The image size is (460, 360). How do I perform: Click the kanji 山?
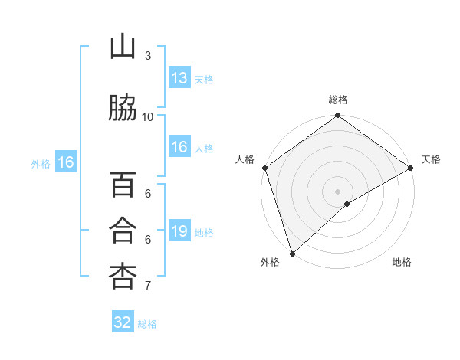coord(122,47)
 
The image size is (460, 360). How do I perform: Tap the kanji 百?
coord(122,186)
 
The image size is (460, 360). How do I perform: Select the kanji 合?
coord(122,231)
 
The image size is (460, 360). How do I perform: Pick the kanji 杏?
coord(122,277)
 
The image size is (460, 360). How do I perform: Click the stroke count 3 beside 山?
coord(148,55)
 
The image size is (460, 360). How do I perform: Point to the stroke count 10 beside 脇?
coord(148,116)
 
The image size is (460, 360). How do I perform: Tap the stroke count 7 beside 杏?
coord(148,286)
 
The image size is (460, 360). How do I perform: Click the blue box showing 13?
coord(179,78)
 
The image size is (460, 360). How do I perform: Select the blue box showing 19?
coord(179,231)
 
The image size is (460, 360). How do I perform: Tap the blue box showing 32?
coord(123,322)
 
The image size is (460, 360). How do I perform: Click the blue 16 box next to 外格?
coord(65,162)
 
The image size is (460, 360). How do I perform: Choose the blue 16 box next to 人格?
coord(179,147)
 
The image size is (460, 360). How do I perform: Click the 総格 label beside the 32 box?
coord(147,324)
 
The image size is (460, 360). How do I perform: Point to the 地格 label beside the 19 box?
coord(204,233)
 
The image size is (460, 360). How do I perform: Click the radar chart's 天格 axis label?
coord(431,159)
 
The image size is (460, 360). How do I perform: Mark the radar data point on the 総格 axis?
coord(337,116)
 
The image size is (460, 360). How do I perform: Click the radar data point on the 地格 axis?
coord(347,204)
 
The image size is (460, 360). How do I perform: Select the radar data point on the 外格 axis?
coord(291,253)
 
